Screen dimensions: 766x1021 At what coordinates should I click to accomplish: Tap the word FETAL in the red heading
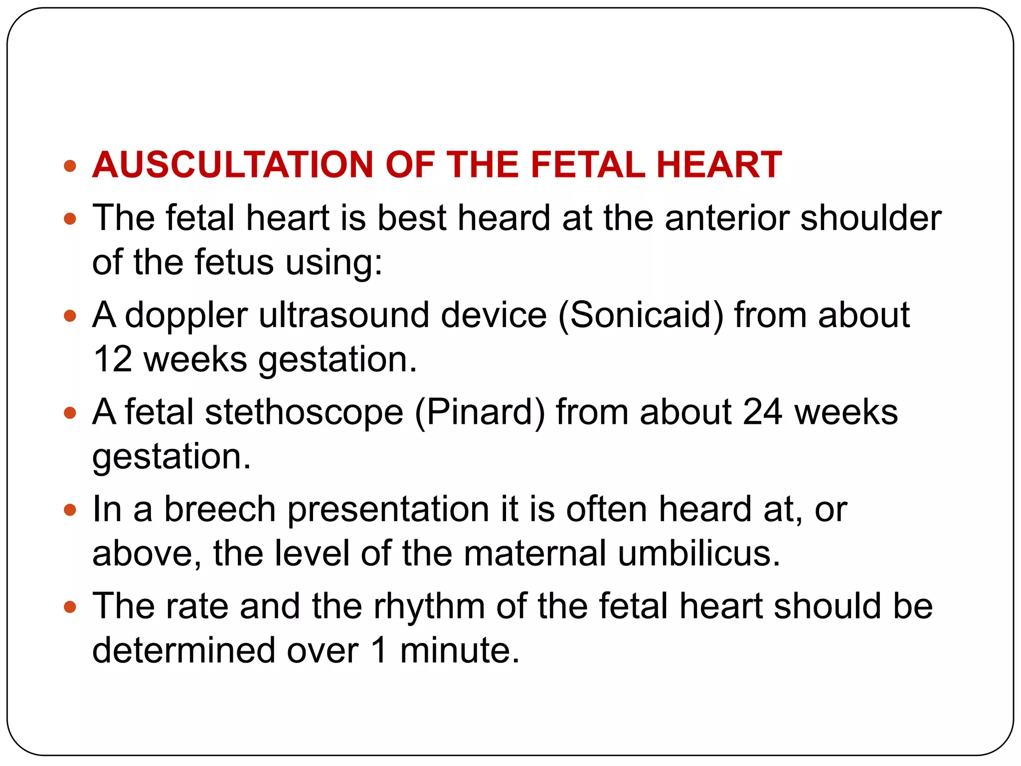pyautogui.click(x=587, y=165)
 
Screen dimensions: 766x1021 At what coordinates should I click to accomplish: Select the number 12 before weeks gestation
pyautogui.click(x=113, y=359)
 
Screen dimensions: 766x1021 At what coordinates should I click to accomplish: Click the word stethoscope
pyautogui.click(x=304, y=412)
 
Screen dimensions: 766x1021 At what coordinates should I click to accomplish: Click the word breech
pyautogui.click(x=220, y=509)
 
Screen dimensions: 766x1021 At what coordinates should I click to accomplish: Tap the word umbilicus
pyautogui.click(x=699, y=554)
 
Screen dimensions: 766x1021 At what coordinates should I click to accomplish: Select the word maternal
pyautogui.click(x=535, y=554)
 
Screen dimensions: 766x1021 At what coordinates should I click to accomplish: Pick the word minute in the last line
pyautogui.click(x=460, y=650)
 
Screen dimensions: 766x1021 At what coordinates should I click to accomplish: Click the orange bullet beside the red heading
pyautogui.click(x=70, y=166)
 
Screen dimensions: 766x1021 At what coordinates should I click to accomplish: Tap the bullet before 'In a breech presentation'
pyautogui.click(x=70, y=510)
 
